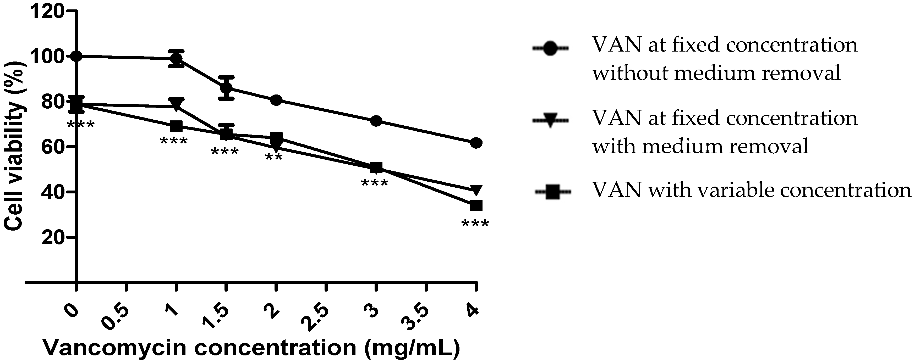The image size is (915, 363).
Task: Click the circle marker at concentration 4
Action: click(x=476, y=143)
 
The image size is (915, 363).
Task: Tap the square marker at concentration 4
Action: click(x=476, y=205)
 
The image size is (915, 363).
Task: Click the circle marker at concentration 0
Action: click(x=76, y=56)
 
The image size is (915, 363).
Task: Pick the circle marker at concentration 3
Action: click(x=376, y=121)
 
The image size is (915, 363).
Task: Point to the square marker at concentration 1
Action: click(x=176, y=126)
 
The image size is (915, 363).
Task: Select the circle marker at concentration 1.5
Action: click(x=226, y=87)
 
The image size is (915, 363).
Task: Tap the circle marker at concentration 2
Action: click(x=276, y=100)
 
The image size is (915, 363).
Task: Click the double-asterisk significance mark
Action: click(x=274, y=158)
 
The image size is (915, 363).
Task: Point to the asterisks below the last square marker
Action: click(x=475, y=224)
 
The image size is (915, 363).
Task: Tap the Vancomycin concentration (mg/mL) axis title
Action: click(x=251, y=348)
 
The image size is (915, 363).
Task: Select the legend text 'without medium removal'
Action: click(x=716, y=73)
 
